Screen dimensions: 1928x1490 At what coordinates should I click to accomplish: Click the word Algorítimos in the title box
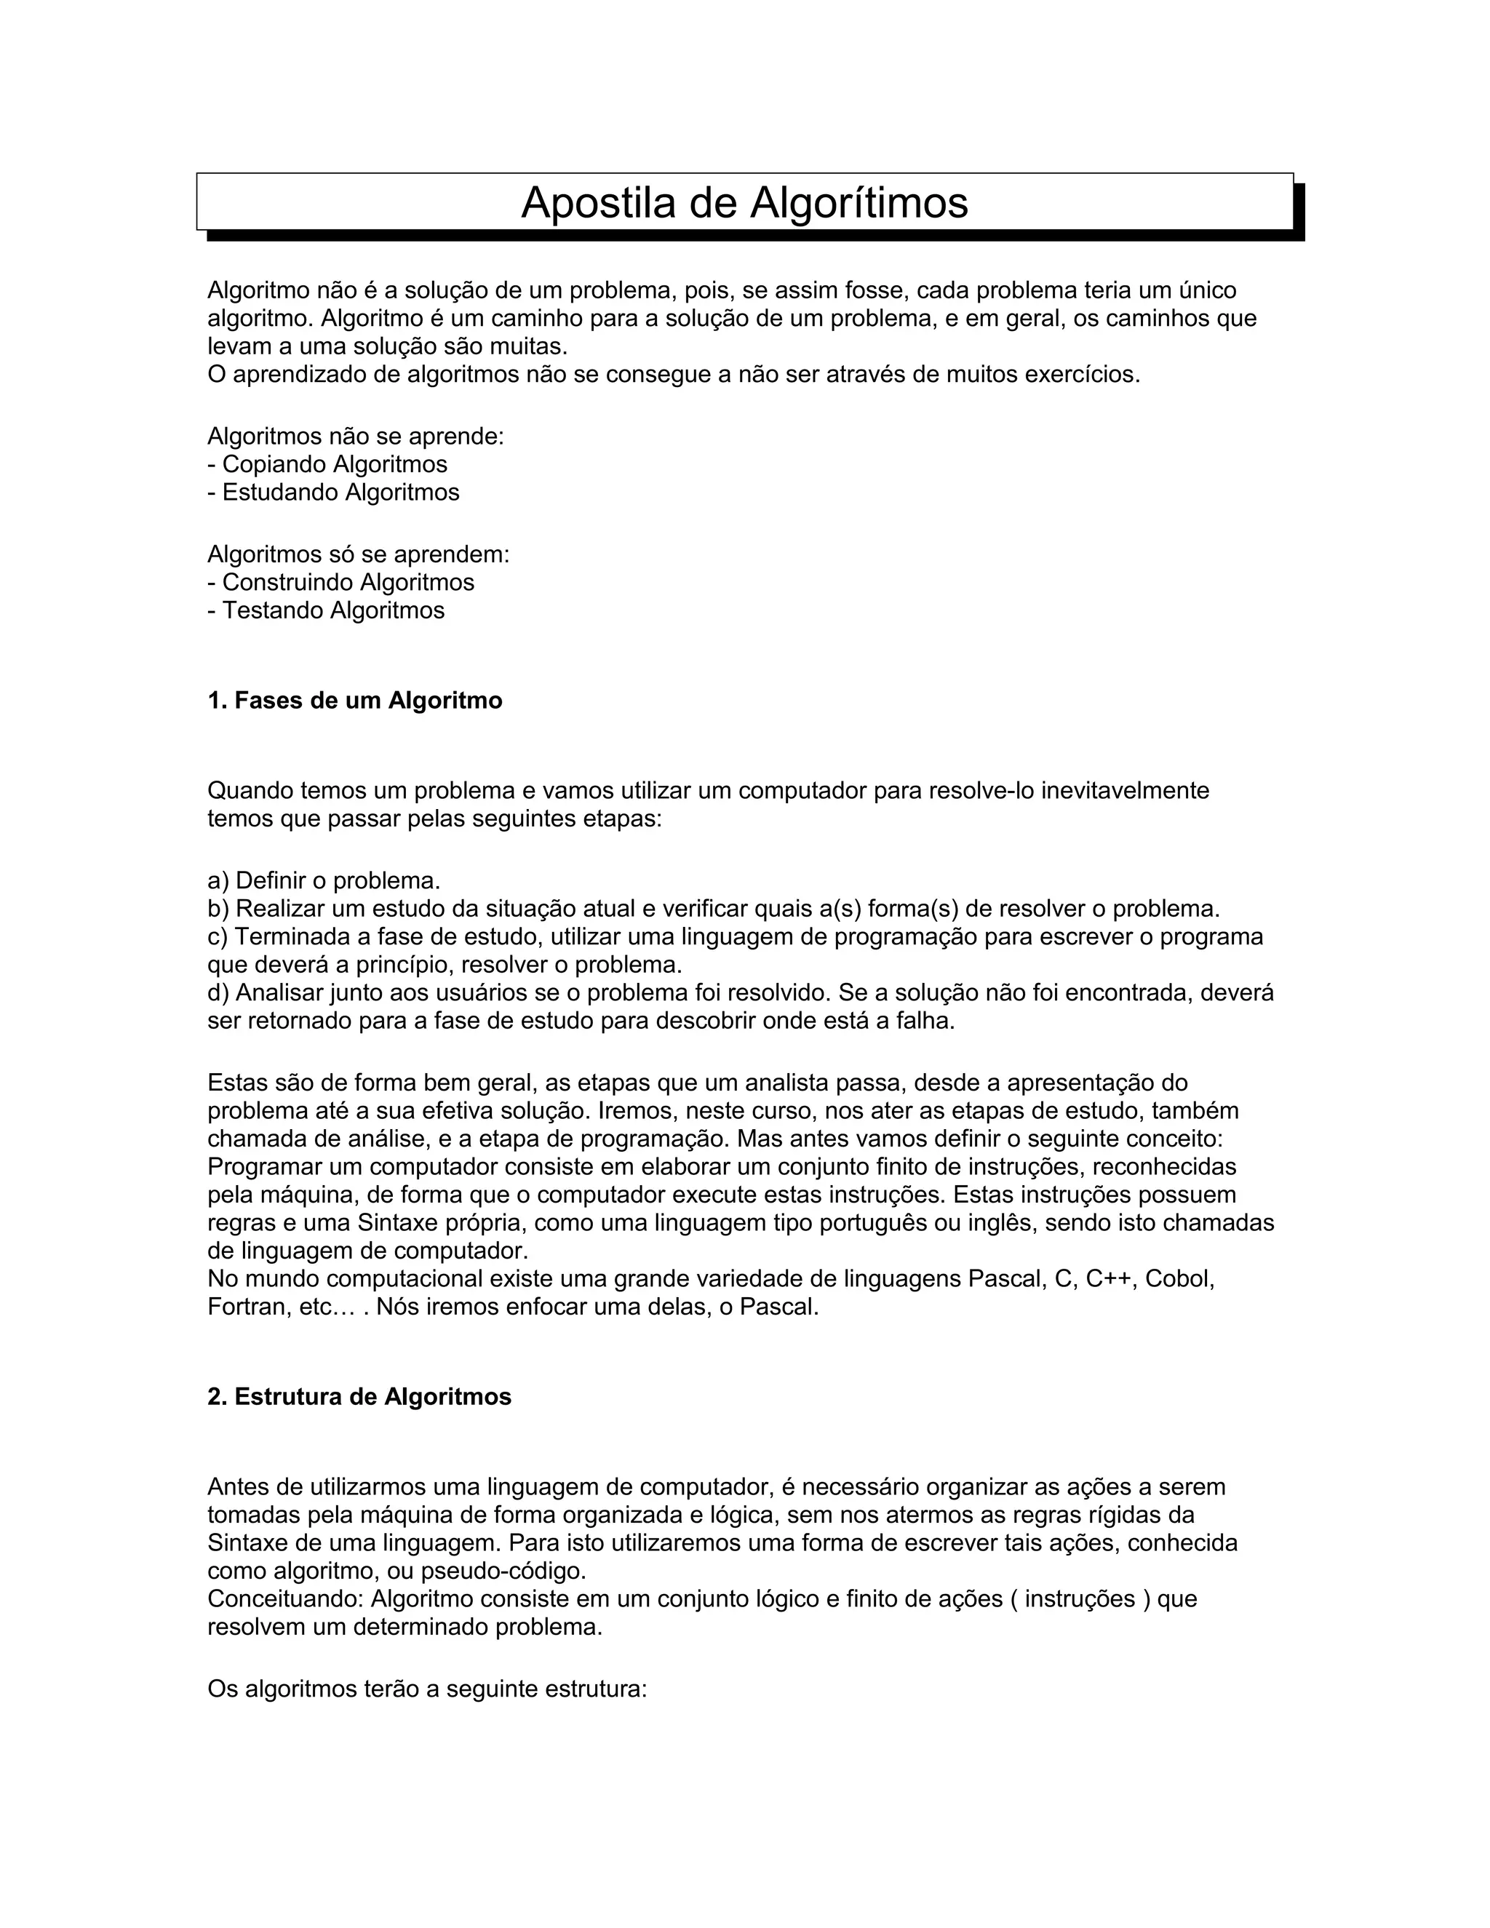859,203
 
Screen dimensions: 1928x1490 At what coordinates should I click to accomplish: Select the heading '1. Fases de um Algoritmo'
355,701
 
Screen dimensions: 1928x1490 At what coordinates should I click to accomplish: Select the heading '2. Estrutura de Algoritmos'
359,1398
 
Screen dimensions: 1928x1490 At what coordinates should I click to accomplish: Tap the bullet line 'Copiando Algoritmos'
335,464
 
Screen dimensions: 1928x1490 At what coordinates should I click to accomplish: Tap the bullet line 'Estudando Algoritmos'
340,493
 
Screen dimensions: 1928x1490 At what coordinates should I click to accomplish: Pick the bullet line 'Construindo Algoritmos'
348,583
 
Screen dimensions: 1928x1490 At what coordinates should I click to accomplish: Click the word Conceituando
284,1600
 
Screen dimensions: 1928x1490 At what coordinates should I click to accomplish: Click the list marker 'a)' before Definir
218,881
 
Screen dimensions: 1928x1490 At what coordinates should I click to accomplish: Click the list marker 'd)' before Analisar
218,994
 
